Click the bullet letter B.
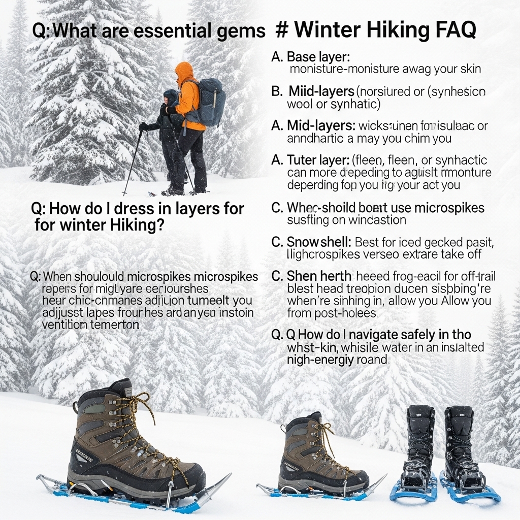(277, 92)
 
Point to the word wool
(299, 104)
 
